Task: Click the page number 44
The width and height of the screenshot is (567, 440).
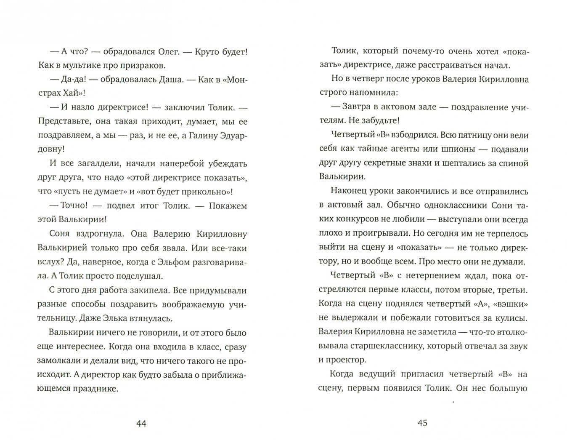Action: click(141, 423)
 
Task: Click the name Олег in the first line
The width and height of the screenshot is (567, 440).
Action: click(168, 52)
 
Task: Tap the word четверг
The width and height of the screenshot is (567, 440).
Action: click(368, 79)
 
